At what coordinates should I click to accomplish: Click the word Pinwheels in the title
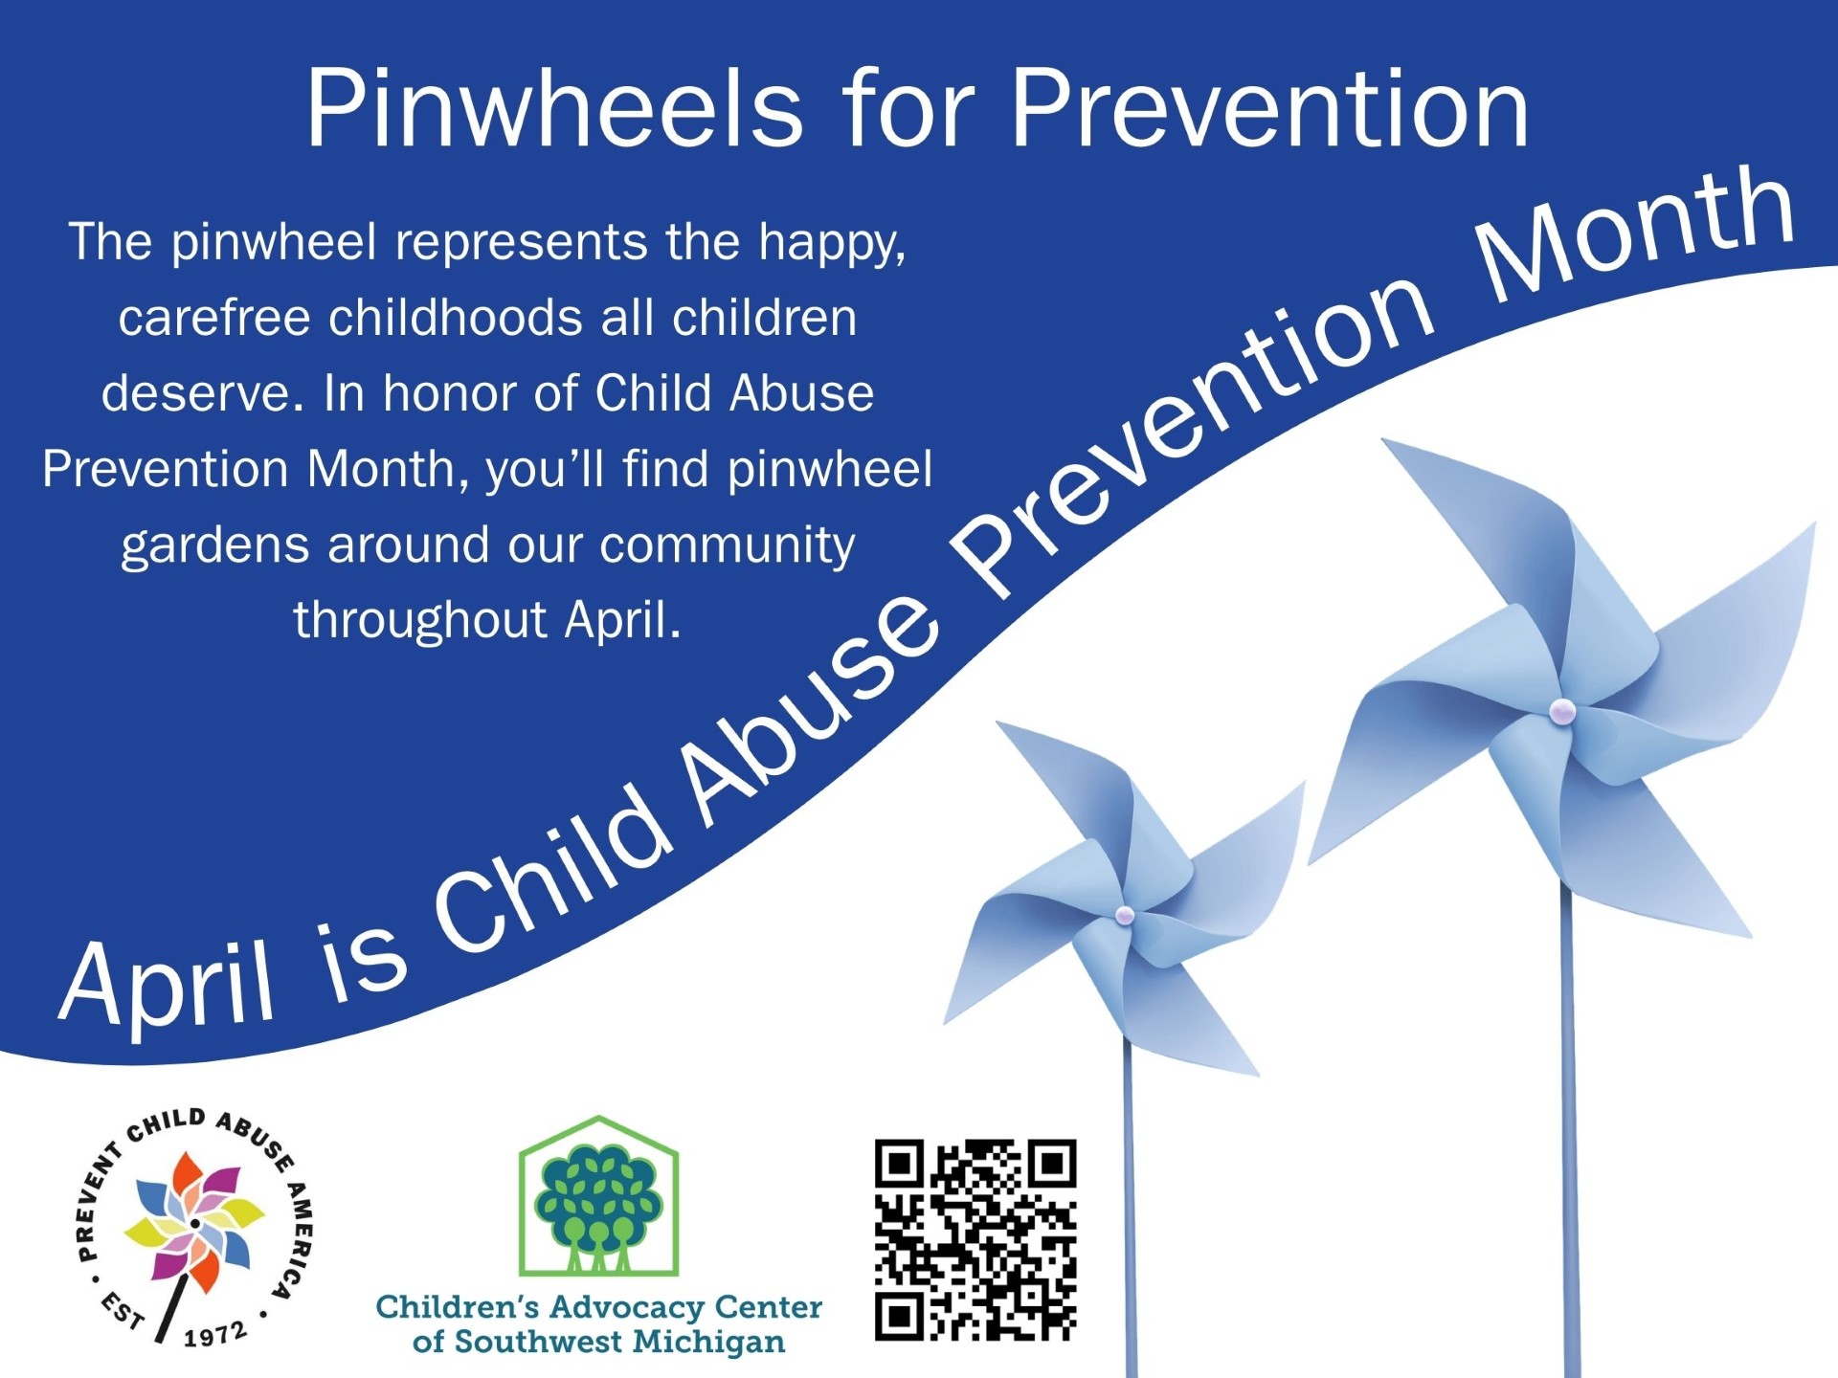coord(554,109)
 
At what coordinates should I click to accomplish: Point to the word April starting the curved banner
coord(168,986)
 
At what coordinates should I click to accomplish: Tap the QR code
coord(975,1239)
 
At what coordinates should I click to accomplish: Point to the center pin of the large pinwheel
coord(1562,710)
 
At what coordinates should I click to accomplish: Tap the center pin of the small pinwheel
coord(1125,916)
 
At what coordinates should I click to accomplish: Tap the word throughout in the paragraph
coord(420,620)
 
